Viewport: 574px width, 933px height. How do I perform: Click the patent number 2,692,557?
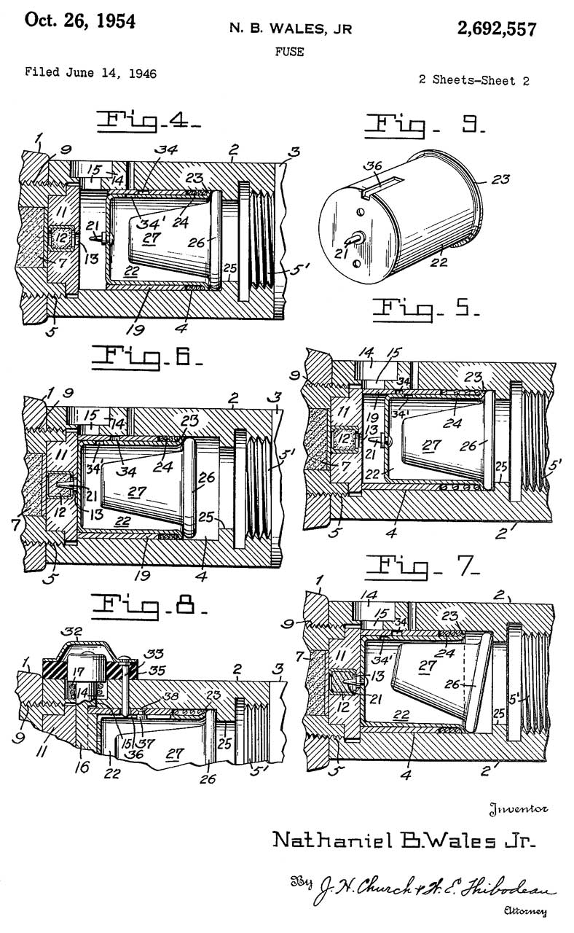pyautogui.click(x=497, y=29)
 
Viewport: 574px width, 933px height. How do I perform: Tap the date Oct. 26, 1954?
pyautogui.click(x=80, y=21)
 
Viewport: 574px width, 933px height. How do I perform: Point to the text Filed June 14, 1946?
pyautogui.click(x=91, y=73)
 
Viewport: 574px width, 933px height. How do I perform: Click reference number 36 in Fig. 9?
pyautogui.click(x=373, y=167)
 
